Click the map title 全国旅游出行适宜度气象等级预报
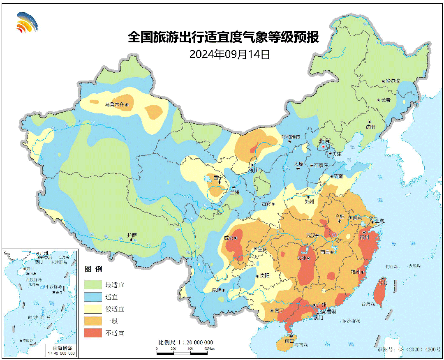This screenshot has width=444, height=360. pyautogui.click(x=223, y=37)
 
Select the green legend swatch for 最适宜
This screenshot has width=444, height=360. pyautogui.click(x=93, y=284)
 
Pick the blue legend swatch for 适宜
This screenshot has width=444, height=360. pyautogui.click(x=93, y=296)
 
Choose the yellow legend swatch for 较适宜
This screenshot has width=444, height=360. pyautogui.click(x=93, y=309)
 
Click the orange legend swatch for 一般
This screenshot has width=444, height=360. pyautogui.click(x=93, y=321)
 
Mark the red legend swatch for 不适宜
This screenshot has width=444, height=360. pyautogui.click(x=93, y=332)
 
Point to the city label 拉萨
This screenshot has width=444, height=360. pyautogui.click(x=132, y=235)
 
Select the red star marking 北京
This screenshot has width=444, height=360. pyautogui.click(x=324, y=146)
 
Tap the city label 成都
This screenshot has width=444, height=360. pyautogui.click(x=229, y=238)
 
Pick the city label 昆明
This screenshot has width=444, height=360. pyautogui.click(x=216, y=290)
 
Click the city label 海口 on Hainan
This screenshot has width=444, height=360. pyautogui.click(x=289, y=341)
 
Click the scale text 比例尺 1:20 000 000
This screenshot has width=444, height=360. pyautogui.click(x=185, y=342)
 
